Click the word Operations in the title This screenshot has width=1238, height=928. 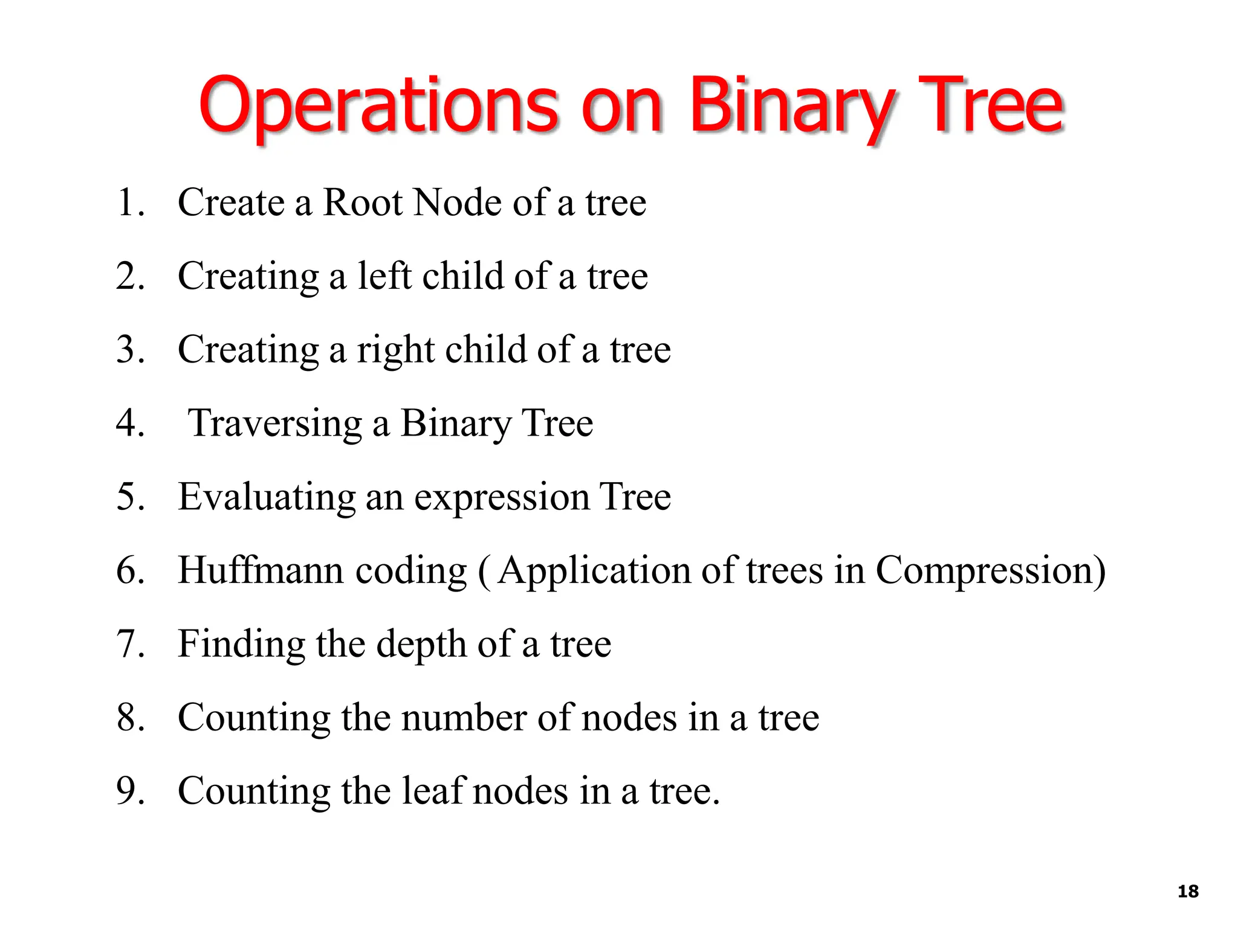click(378, 106)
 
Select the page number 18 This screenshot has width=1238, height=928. click(1188, 891)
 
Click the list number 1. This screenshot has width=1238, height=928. click(129, 202)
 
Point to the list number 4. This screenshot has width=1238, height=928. click(129, 423)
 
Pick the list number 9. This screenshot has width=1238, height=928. click(129, 791)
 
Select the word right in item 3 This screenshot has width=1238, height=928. click(395, 350)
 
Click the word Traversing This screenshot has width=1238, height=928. click(275, 423)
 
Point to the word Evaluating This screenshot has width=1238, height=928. click(267, 497)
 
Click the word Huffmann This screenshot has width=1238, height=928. click(260, 570)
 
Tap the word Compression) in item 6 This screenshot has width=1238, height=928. click(991, 570)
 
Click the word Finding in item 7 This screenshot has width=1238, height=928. click(241, 644)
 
